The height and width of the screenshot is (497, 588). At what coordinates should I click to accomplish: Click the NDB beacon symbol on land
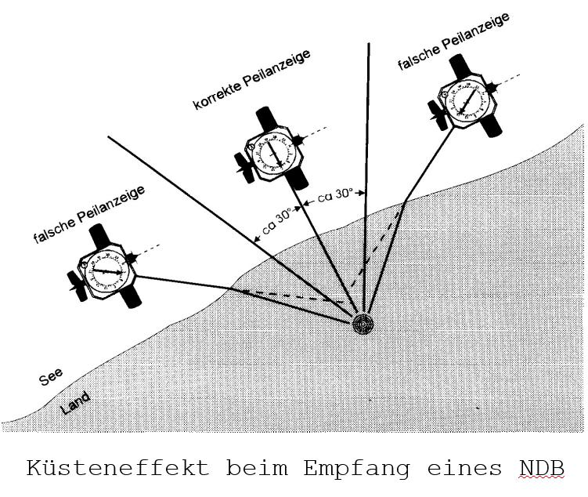(x=362, y=324)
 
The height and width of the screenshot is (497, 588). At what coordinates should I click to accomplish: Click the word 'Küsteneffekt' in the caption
(x=118, y=469)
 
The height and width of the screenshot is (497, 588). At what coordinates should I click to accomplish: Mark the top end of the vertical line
(x=369, y=44)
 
